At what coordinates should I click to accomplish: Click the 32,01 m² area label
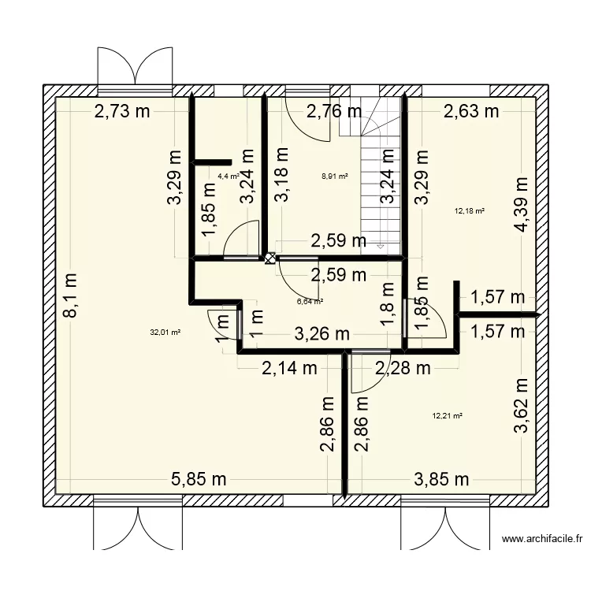[x=165, y=333]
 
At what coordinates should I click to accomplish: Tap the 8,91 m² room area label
[x=334, y=177]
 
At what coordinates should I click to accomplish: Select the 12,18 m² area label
[x=470, y=210]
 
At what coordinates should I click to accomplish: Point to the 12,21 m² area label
[x=447, y=416]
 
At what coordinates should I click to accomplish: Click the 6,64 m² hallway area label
[x=310, y=300]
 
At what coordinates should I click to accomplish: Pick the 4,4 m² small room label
[x=229, y=177]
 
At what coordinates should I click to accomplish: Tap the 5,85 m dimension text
[x=199, y=478]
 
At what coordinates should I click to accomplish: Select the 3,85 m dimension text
[x=441, y=478]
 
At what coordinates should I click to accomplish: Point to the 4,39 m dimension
[x=520, y=206]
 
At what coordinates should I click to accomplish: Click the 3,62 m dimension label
[x=520, y=406]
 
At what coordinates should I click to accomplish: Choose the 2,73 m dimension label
[x=122, y=112]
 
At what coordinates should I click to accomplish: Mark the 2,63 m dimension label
[x=471, y=112]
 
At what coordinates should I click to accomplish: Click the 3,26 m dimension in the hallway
[x=322, y=334]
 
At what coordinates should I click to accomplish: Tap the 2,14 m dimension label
[x=290, y=366]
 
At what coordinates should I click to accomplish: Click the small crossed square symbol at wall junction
[x=270, y=258]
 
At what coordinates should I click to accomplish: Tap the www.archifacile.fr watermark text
[x=542, y=540]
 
